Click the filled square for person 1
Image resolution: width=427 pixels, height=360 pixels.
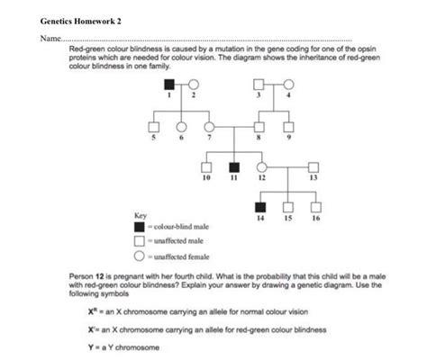[169, 85]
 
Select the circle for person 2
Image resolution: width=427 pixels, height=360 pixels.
[193, 85]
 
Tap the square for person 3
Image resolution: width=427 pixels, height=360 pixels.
[259, 85]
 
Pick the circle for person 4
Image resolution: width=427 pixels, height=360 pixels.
[287, 85]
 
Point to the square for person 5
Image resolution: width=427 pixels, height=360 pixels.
[153, 126]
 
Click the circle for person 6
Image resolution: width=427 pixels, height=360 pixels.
[181, 126]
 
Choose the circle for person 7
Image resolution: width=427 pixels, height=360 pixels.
[209, 126]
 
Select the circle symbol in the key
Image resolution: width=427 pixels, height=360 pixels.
[140, 254]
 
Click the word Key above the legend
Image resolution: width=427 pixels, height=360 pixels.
[140, 216]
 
